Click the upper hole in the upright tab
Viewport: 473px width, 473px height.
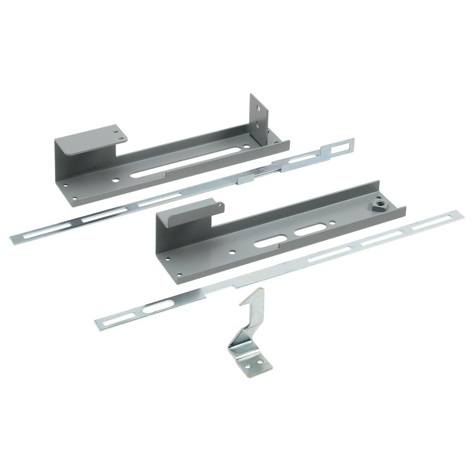point(256,108)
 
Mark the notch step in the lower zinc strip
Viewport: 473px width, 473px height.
point(233,286)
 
